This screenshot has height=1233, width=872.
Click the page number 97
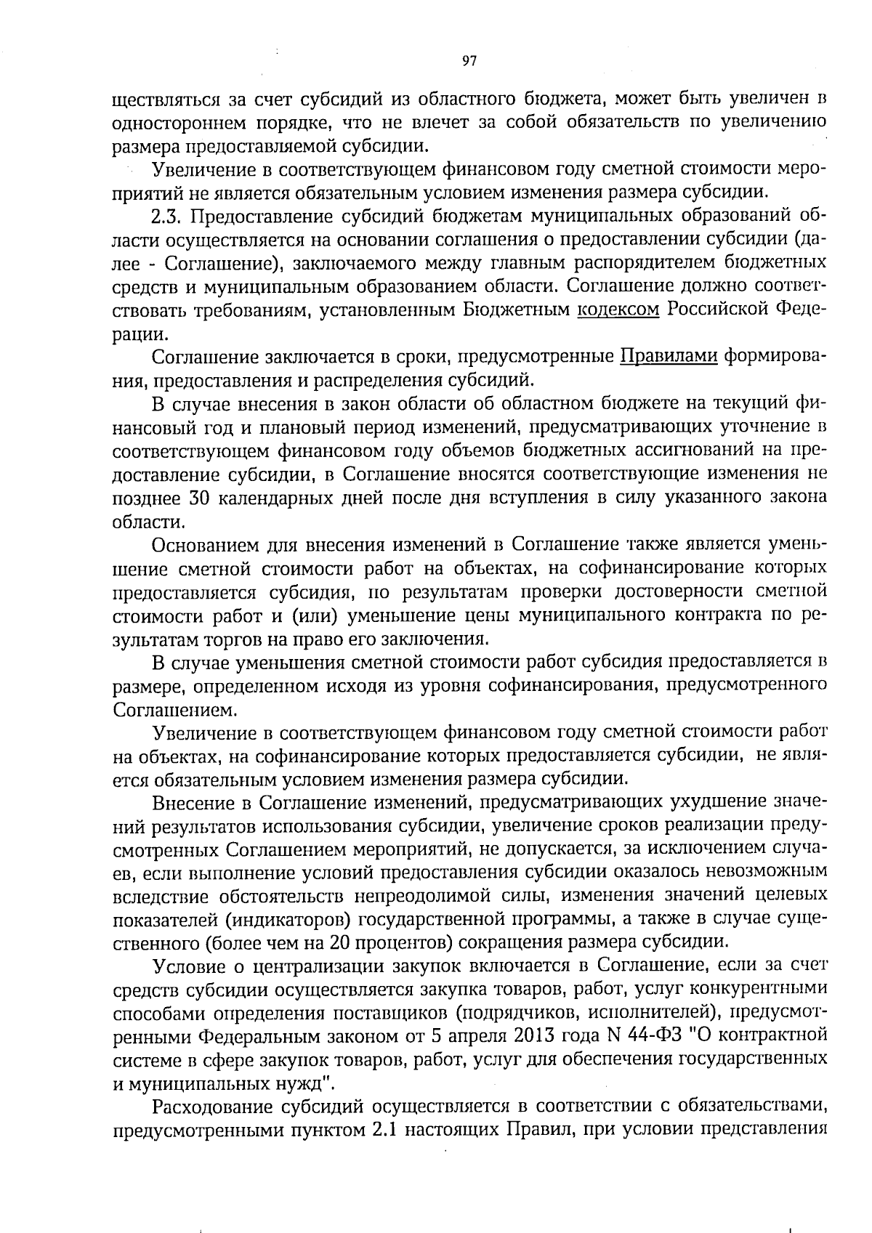pos(469,62)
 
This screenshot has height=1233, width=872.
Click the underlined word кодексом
pos(618,310)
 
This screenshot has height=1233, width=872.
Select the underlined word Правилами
pos(669,356)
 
